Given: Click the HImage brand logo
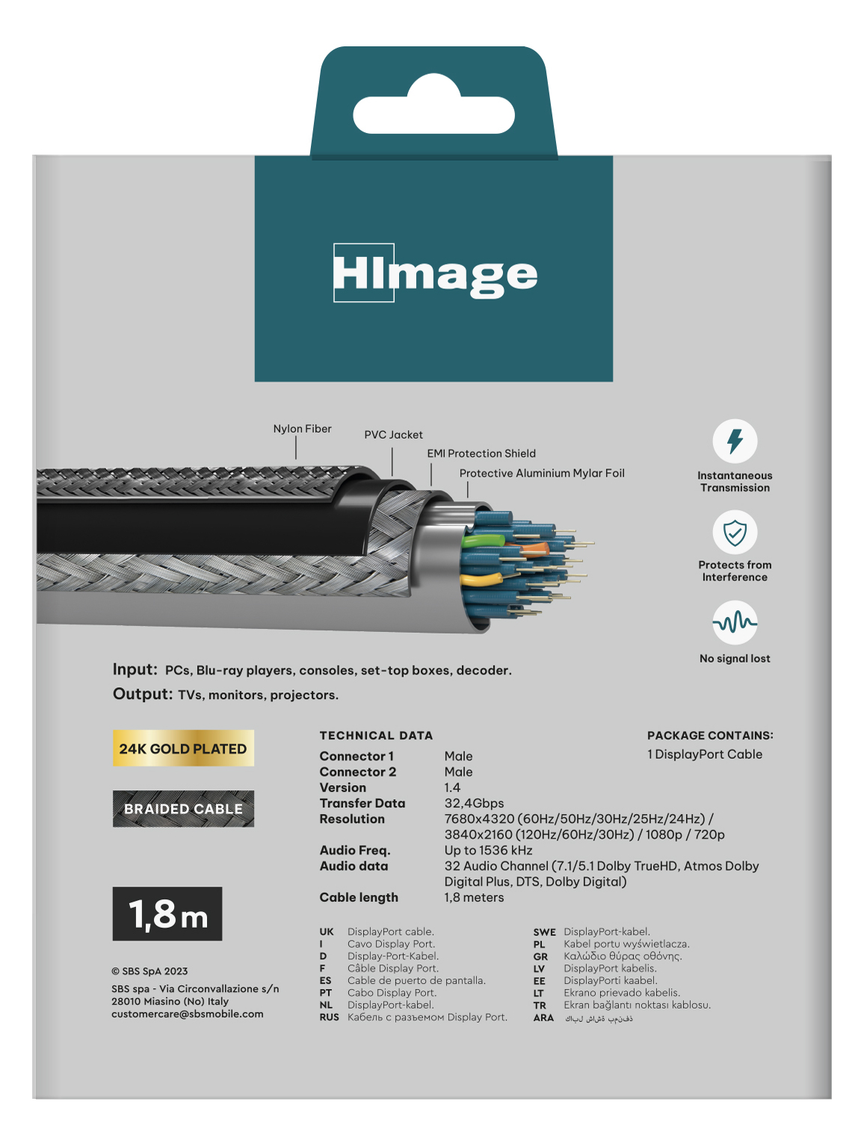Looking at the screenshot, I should coord(434,273).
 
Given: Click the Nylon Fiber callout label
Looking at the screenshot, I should coord(302,429).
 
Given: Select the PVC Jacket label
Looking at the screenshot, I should coord(393,435).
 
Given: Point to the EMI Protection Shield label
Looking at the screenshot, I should coord(481,453).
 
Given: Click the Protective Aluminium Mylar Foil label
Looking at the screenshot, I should coord(542,474).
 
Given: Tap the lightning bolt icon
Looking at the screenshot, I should coord(735,441).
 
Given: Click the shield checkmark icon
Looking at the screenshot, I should coord(735,533).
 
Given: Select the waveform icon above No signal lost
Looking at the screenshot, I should coord(735,622).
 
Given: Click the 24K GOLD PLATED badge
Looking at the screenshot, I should coord(183,748).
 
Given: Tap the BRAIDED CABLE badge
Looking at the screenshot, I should coord(183,809).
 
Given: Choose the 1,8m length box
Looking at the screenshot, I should coord(167,914).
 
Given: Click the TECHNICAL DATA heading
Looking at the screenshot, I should coord(376,736).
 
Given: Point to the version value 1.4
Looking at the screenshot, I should coord(452,788).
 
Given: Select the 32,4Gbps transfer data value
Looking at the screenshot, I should coord(474,804).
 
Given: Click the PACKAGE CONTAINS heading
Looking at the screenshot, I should coord(710,736).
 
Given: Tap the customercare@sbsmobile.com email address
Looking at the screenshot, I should coord(188,1014).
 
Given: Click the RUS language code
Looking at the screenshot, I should coord(329,1017).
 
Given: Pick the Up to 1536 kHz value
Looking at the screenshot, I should coord(488,851).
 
